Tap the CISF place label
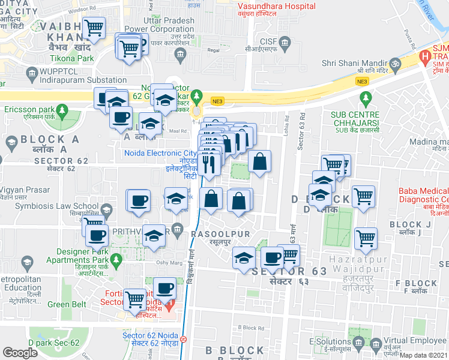pyautogui.click(x=269, y=41)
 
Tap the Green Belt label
pyautogui.click(x=67, y=304)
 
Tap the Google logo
pyautogui.click(x=20, y=353)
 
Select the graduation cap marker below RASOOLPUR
pyautogui.click(x=244, y=258)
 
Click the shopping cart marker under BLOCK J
pyautogui.click(x=366, y=238)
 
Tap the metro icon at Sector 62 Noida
pyautogui.click(x=183, y=338)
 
